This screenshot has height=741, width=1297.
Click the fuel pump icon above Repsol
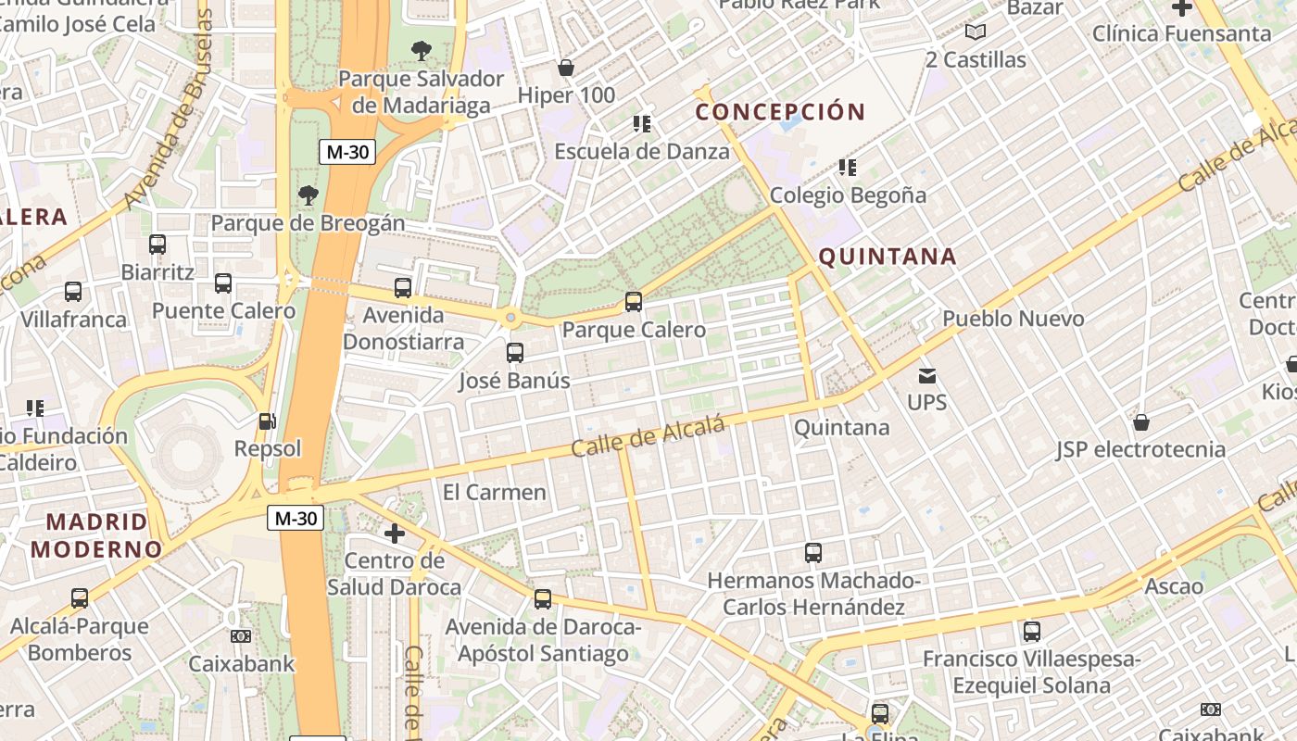click(x=267, y=421)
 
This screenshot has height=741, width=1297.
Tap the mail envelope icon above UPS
click(x=927, y=376)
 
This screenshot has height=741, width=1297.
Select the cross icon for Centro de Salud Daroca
click(x=395, y=534)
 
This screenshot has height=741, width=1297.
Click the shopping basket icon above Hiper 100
click(x=565, y=68)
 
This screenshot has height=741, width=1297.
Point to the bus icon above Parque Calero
click(x=634, y=302)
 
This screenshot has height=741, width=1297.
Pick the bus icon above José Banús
click(x=515, y=353)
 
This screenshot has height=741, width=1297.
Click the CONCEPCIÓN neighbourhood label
click(x=780, y=112)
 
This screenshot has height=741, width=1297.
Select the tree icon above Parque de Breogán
click(x=309, y=195)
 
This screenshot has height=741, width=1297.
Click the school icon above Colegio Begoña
click(x=848, y=168)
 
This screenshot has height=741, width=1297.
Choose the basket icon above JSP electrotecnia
click(x=1141, y=422)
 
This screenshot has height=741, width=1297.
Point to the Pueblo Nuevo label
click(x=1013, y=319)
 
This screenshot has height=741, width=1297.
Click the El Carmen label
click(x=495, y=492)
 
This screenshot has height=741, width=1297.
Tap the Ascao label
click(x=1174, y=586)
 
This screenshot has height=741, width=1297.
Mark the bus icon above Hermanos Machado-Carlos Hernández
click(x=813, y=553)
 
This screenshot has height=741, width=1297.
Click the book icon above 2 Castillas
click(x=976, y=32)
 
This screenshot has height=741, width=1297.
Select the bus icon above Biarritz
click(x=157, y=245)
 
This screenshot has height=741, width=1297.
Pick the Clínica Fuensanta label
click(x=1181, y=33)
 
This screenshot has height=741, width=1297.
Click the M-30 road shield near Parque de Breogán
click(x=347, y=152)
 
